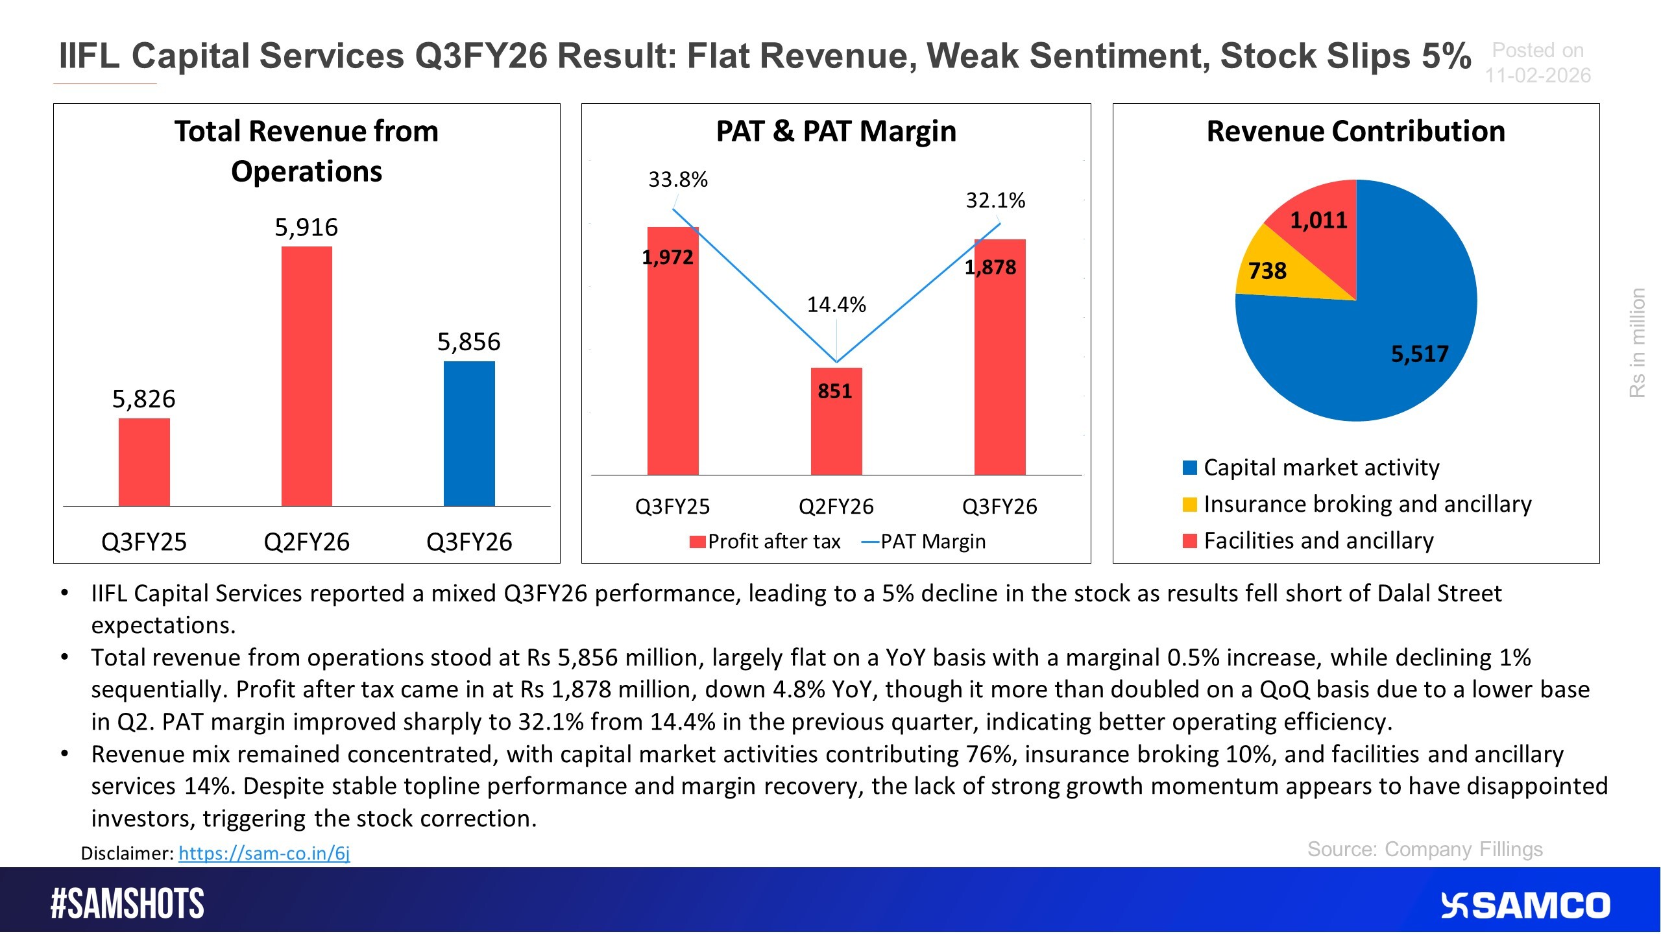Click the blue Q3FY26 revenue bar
pyautogui.click(x=469, y=433)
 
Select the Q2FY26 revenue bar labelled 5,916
pyautogui.click(x=306, y=376)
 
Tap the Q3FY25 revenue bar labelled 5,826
pyautogui.click(x=144, y=462)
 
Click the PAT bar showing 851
pyautogui.click(x=836, y=422)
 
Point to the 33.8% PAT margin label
pyautogui.click(x=677, y=180)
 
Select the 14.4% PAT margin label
pyautogui.click(x=836, y=305)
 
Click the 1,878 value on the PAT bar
pyautogui.click(x=990, y=267)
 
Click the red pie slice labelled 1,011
pyautogui.click(x=1318, y=221)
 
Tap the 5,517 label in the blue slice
pyautogui.click(x=1419, y=354)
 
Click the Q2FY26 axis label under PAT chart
pyautogui.click(x=836, y=507)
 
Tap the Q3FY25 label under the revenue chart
pyautogui.click(x=144, y=542)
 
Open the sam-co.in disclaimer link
pyautogui.click(x=264, y=853)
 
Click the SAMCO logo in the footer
pyautogui.click(x=1525, y=905)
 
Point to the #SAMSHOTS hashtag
pyautogui.click(x=127, y=904)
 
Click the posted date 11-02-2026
pyautogui.click(x=1538, y=76)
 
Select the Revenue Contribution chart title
pyautogui.click(x=1355, y=132)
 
